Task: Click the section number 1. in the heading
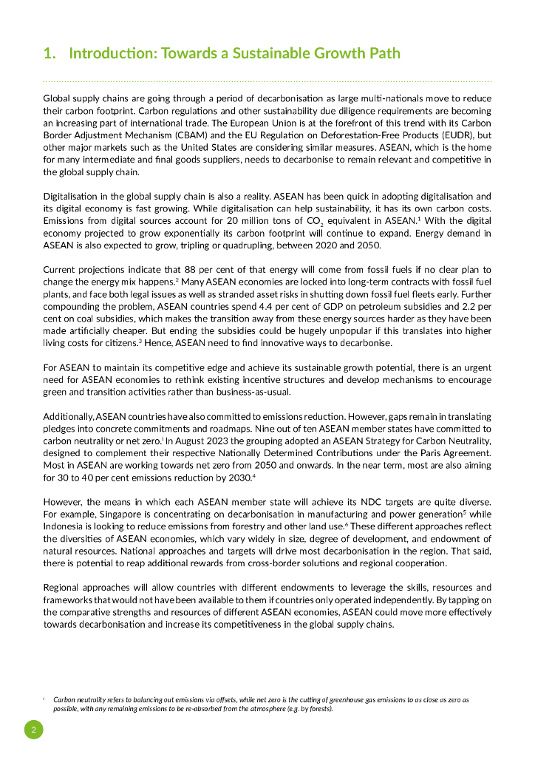[50, 53]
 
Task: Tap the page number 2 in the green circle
[33, 730]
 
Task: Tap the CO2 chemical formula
[329, 220]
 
